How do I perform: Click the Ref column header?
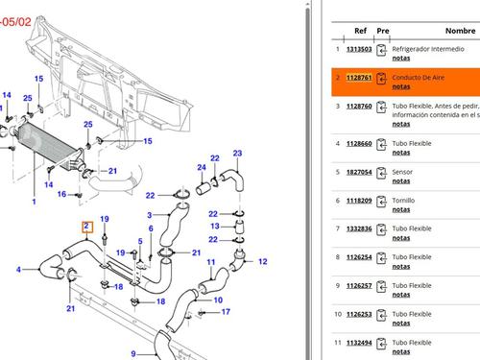[x=360, y=31]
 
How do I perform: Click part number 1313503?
[x=359, y=49]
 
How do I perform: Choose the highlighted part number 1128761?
[x=359, y=77]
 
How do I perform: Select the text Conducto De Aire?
[x=418, y=77]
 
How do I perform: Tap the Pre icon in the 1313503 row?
[x=382, y=52]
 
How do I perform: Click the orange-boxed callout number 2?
[x=87, y=228]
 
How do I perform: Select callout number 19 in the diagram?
[x=105, y=220]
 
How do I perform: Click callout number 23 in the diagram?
[x=237, y=154]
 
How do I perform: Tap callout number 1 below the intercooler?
[x=35, y=203]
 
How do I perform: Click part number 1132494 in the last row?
[x=359, y=342]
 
